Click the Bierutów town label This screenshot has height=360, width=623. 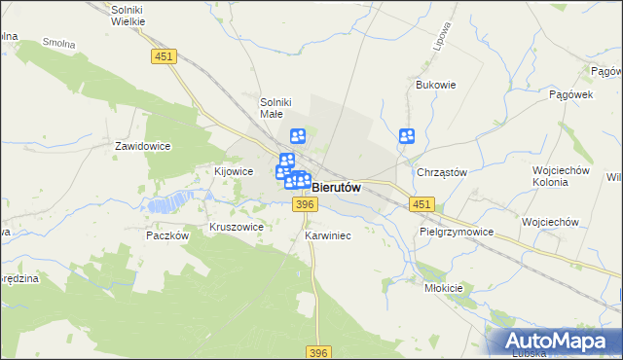[337, 187]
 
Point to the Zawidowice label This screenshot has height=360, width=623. [143, 146]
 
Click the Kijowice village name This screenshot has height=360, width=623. [234, 170]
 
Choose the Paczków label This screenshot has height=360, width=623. [165, 235]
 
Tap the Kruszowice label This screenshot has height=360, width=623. [237, 227]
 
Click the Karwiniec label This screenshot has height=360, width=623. [327, 235]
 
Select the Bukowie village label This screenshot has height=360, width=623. [436, 85]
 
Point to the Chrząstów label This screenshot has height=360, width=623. [442, 172]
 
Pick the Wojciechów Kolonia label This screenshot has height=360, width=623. [563, 176]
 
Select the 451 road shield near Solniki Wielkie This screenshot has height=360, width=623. [165, 58]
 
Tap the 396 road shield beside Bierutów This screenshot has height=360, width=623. [305, 203]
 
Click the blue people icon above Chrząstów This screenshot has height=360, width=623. [407, 137]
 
